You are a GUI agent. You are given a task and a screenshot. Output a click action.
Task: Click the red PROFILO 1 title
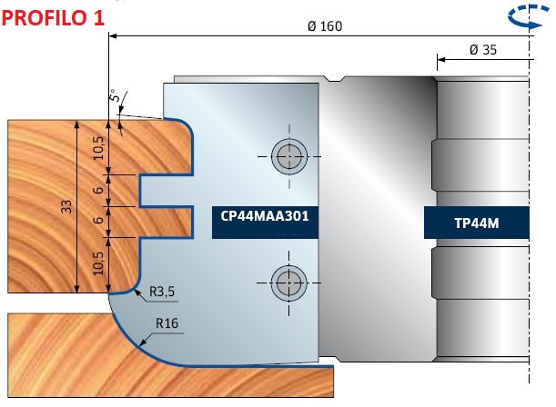53,17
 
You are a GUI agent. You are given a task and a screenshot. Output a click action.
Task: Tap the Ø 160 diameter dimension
325,26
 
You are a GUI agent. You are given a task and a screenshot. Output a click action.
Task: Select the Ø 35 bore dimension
483,50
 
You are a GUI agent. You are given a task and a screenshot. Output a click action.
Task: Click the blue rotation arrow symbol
526,16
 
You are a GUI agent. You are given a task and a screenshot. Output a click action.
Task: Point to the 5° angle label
114,94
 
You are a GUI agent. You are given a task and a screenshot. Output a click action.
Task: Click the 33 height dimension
66,206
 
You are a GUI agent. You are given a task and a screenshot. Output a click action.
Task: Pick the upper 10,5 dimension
98,148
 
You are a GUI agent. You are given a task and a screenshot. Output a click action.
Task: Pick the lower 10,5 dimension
98,263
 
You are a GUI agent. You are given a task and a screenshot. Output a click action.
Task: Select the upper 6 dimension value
98,190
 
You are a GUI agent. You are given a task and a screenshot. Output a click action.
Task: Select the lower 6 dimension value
98,220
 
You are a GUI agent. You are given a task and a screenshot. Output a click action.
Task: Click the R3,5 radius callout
162,292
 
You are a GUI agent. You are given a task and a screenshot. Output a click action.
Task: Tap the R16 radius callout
167,323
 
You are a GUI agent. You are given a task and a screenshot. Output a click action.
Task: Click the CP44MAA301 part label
265,216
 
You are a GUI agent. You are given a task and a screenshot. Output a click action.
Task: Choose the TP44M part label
477,223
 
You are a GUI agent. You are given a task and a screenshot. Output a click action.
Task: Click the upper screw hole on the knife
289,156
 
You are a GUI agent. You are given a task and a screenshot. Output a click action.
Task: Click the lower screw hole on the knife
289,283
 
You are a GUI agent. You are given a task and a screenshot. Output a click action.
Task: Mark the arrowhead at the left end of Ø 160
113,35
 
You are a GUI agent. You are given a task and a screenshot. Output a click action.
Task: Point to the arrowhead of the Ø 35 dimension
441,59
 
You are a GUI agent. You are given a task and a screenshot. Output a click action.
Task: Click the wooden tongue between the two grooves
166,206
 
